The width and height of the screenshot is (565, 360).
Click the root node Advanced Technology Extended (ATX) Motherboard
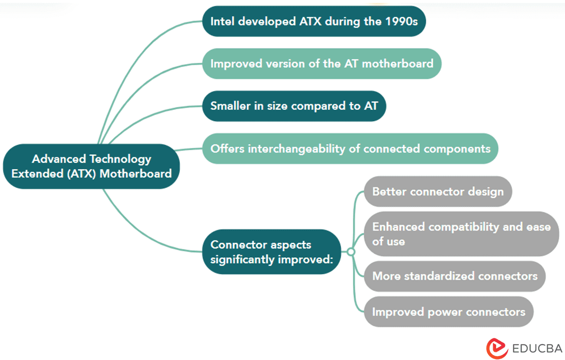(x=92, y=166)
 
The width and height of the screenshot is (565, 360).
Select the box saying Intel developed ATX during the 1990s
(x=314, y=21)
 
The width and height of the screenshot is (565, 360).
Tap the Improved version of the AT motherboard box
(x=321, y=64)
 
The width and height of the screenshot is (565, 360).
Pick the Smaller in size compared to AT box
(x=294, y=106)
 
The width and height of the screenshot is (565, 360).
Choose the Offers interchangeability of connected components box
(x=350, y=148)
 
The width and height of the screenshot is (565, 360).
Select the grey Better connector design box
(x=437, y=192)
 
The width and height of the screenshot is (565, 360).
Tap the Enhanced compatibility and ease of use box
(x=461, y=233)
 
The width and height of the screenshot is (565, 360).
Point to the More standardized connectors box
(x=454, y=276)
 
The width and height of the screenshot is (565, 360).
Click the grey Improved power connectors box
(x=448, y=312)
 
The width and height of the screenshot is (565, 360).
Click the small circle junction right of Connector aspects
(x=351, y=252)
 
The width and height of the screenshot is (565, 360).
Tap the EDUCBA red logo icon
(x=497, y=348)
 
